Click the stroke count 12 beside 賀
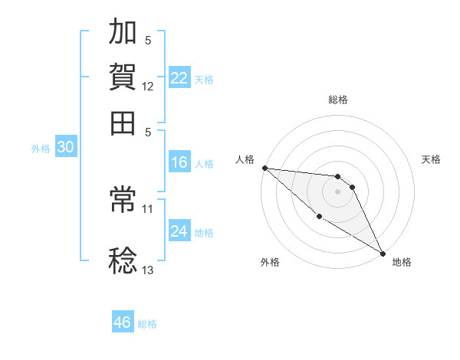click(148, 87)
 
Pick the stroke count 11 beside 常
click(148, 208)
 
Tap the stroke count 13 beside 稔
click(148, 270)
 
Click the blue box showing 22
click(179, 78)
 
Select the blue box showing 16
click(179, 162)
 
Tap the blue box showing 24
click(179, 231)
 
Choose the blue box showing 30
click(65, 148)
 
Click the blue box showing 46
click(123, 322)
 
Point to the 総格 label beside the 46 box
click(147, 324)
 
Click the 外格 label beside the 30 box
click(41, 149)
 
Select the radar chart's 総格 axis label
click(337, 100)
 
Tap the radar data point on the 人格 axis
click(264, 168)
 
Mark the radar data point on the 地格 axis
click(382, 253)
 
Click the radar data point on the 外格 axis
click(319, 216)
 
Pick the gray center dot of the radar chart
click(337, 191)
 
